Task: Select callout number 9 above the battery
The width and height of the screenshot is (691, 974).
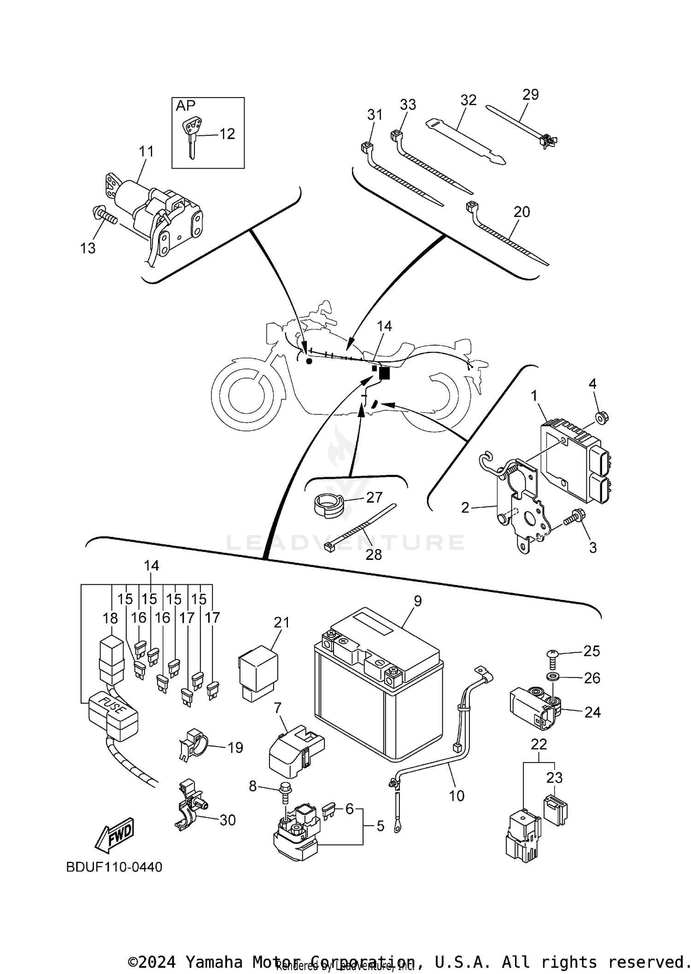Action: click(418, 601)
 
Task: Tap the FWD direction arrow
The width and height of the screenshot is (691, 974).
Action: click(114, 834)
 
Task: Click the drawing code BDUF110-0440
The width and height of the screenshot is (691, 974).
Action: click(114, 867)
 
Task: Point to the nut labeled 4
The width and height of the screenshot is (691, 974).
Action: click(600, 418)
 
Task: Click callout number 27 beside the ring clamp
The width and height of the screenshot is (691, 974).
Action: click(375, 497)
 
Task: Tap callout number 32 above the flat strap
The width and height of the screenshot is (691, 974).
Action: click(468, 100)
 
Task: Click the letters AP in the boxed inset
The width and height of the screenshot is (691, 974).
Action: click(186, 106)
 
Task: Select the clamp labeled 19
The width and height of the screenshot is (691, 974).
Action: click(193, 747)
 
